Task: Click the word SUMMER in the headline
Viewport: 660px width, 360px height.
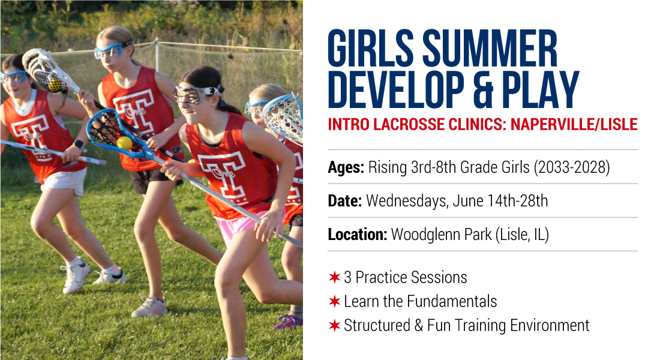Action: click(490, 49)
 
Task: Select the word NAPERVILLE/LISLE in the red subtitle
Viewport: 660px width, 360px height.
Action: click(574, 125)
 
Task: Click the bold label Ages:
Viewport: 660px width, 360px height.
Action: click(346, 167)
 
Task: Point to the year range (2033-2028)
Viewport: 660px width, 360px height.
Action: click(572, 167)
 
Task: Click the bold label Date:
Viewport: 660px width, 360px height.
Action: click(345, 200)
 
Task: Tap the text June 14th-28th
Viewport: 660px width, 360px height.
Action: click(500, 200)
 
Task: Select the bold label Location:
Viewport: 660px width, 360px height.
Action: click(358, 234)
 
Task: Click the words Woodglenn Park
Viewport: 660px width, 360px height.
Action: click(441, 235)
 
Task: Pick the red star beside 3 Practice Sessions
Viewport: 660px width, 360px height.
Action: click(335, 277)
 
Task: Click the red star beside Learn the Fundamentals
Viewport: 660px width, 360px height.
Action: click(335, 301)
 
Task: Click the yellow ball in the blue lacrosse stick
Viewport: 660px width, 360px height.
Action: click(125, 143)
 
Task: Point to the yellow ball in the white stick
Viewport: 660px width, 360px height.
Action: click(55, 85)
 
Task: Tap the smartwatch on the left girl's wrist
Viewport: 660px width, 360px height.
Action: click(79, 144)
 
